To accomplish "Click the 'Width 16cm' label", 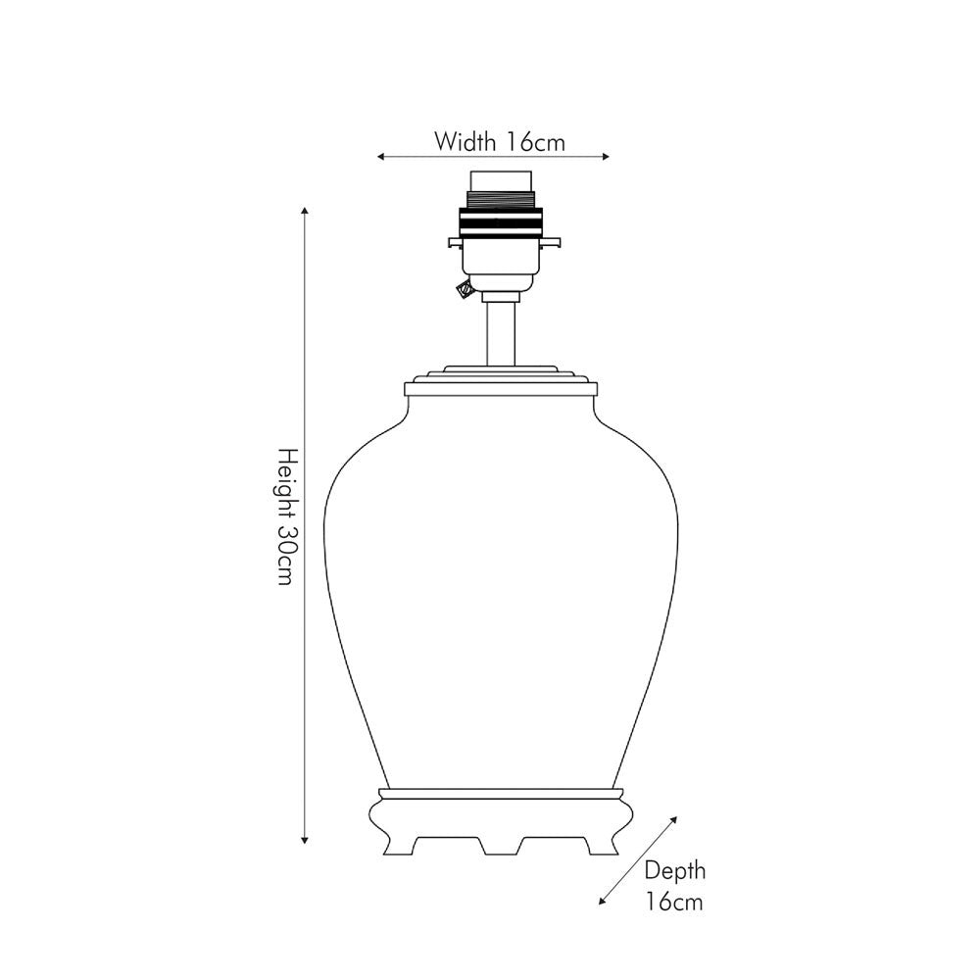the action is (500, 142).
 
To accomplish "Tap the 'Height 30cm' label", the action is (285, 516).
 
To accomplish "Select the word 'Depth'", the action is (674, 870).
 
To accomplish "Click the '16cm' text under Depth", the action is (674, 902).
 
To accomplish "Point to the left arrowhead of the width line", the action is (380, 157).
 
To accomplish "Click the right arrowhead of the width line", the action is (605, 157).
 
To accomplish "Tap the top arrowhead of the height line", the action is (305, 211).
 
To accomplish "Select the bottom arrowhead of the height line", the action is (305, 839).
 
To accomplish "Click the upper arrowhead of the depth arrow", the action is (673, 819).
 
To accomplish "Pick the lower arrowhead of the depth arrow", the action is (603, 901).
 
